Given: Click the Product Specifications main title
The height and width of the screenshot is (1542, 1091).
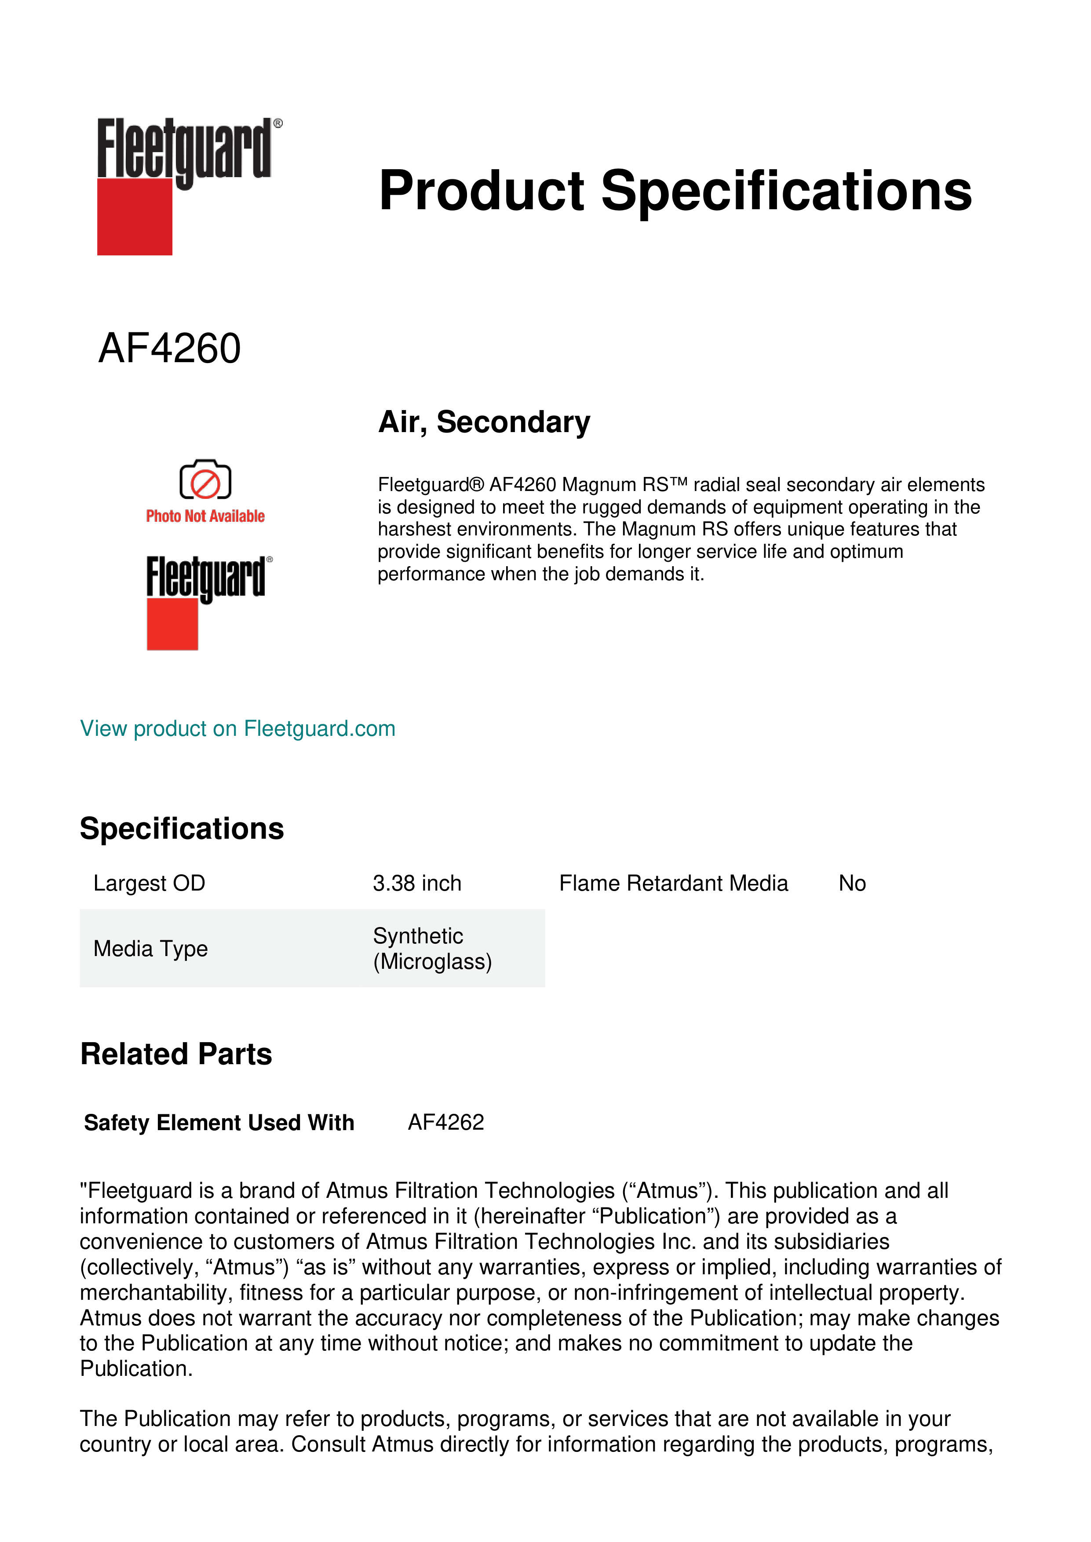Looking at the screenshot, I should click(675, 191).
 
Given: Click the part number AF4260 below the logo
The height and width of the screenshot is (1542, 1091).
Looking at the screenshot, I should click(169, 349).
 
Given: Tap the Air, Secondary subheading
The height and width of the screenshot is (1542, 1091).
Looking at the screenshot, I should click(484, 422).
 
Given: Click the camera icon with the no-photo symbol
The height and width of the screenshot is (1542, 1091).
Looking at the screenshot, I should click(205, 480).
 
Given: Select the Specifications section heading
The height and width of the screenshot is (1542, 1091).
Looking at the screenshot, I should click(181, 828).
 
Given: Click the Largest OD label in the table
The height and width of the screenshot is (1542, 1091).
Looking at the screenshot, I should click(149, 883).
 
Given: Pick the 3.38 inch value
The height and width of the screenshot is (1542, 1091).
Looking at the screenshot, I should click(416, 883).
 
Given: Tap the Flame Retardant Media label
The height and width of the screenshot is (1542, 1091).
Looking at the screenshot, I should click(673, 883).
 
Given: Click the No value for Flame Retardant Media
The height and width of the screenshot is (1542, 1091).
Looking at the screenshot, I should click(852, 883).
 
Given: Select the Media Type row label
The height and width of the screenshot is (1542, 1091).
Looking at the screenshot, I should click(150, 948).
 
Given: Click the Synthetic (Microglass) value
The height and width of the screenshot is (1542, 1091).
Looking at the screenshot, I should click(432, 948).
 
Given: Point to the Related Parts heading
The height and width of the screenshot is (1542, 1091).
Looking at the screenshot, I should click(176, 1054).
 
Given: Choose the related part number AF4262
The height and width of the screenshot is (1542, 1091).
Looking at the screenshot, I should click(445, 1122).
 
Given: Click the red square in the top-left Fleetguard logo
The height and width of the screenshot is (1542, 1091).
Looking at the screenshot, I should click(135, 217).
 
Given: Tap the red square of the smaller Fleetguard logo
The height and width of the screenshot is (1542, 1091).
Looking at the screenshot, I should click(172, 625).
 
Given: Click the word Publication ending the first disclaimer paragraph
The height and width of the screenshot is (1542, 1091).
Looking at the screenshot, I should click(136, 1369).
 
